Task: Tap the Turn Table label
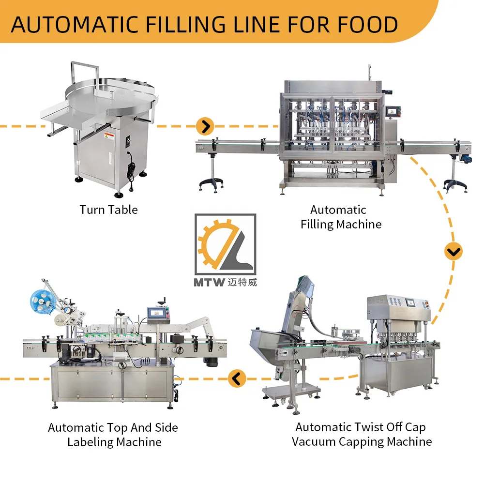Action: pyautogui.click(x=108, y=210)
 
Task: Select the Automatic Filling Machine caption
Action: pyautogui.click(x=341, y=217)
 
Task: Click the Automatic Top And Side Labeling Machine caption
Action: pyautogui.click(x=113, y=435)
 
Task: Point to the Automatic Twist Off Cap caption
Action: pyautogui.click(x=361, y=427)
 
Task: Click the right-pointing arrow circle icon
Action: pyautogui.click(x=205, y=127)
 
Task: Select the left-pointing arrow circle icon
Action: pyautogui.click(x=236, y=378)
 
